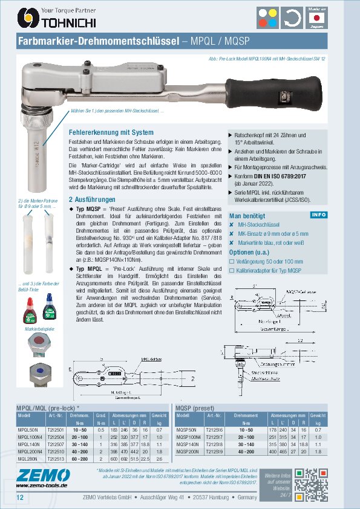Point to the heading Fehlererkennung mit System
tap(111, 132)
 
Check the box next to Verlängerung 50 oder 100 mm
tap(232, 261)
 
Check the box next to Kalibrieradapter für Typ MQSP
tap(232, 270)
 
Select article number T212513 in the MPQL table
tap(56, 458)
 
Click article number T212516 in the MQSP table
tap(216, 429)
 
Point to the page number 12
tap(20, 497)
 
